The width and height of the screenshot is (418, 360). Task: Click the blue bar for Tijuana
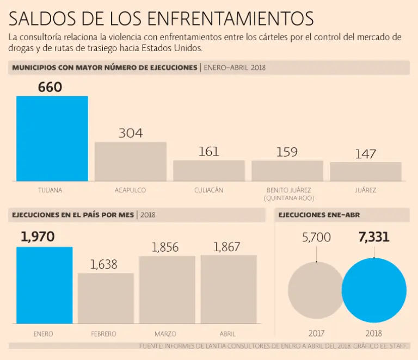click(52, 139)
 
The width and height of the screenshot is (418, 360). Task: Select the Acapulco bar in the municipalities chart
click(131, 162)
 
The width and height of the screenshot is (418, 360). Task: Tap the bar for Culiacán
click(209, 171)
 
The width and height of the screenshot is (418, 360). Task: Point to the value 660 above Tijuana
click(50, 88)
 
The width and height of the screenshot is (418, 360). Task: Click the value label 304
click(131, 133)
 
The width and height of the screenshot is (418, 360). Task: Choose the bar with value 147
click(366, 172)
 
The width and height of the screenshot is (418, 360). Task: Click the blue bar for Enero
click(44, 285)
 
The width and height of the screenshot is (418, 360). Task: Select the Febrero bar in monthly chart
click(106, 299)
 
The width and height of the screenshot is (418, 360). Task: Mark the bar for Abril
click(229, 289)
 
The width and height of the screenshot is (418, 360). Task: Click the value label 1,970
click(38, 237)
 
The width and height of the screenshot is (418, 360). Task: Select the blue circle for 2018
click(374, 290)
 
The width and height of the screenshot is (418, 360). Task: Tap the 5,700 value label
click(316, 238)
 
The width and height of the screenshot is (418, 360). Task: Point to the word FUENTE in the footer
click(151, 346)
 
